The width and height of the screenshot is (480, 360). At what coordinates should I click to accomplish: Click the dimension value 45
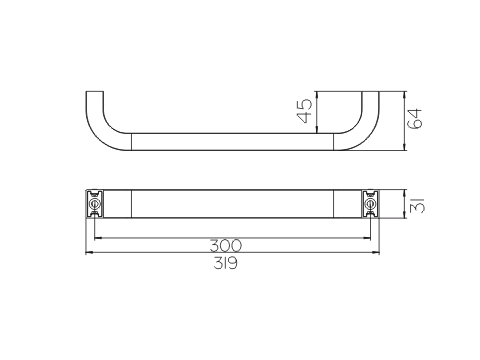point(305,111)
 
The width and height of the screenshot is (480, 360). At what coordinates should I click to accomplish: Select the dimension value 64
point(415,119)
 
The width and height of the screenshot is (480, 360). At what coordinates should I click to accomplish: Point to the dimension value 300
point(226,246)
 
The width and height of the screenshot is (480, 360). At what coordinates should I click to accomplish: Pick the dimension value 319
point(226,264)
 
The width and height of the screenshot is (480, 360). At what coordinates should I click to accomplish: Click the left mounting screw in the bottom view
point(95,204)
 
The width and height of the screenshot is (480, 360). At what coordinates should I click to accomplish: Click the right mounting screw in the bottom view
point(370,204)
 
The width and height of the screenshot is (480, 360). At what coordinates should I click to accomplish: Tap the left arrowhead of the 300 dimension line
point(98,238)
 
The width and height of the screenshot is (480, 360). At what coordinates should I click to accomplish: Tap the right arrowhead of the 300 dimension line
point(367,238)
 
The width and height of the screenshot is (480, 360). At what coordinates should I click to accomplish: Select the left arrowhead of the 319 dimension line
point(89,253)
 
